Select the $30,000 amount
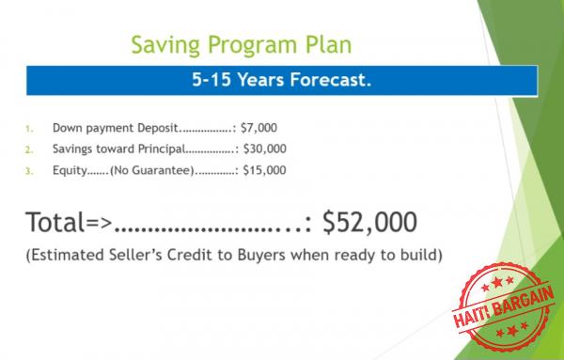265,149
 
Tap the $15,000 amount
265,170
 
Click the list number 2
29,149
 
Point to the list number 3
29,171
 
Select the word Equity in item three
69,170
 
